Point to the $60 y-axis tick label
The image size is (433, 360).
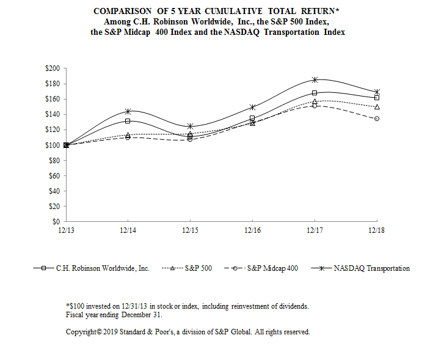(53, 175)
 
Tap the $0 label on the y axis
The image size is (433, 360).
(55, 221)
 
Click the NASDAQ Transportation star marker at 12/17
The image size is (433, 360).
(315, 80)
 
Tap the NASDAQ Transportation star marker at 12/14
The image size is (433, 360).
(128, 111)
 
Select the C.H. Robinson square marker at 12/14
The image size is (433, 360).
(128, 121)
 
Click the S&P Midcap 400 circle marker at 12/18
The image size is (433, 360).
(377, 119)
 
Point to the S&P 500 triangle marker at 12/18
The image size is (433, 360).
(377, 106)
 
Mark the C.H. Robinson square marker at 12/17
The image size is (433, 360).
(315, 93)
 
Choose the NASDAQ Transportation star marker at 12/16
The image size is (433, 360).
(252, 107)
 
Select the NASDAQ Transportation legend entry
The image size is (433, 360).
(371, 268)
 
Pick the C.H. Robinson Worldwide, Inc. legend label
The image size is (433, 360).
(103, 268)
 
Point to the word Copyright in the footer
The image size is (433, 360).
(82, 332)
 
